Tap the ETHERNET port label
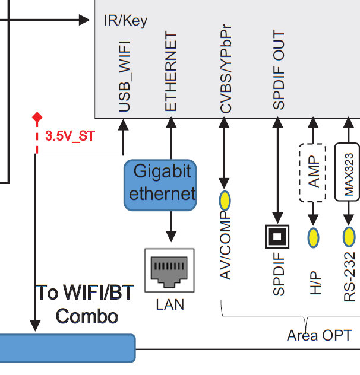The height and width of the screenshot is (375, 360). point(171,72)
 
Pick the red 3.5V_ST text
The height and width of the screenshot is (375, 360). point(70,136)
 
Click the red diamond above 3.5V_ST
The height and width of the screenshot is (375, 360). point(37,117)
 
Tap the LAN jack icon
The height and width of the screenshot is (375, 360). point(170,271)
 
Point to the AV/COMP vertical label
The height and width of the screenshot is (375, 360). point(226,244)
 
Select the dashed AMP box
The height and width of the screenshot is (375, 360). point(313,173)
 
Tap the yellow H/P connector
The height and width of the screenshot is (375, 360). point(313,237)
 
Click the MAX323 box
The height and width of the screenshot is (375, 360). point(349,173)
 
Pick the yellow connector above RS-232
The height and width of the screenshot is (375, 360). point(349,237)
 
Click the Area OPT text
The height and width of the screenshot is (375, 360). point(319,336)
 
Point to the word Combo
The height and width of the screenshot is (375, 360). point(86,316)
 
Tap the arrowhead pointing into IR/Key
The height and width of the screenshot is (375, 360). point(84,20)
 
